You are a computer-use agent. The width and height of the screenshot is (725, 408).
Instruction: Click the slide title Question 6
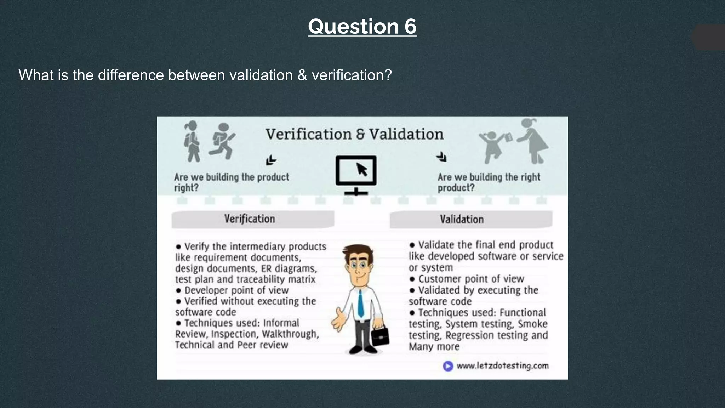(x=362, y=27)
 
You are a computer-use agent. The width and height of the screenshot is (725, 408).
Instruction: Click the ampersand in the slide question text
(x=302, y=75)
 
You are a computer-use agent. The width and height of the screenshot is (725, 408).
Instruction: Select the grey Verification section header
(x=253, y=219)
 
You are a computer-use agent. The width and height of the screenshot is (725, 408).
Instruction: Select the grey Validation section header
(x=471, y=220)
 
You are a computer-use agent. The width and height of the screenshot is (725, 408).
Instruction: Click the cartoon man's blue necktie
(x=361, y=304)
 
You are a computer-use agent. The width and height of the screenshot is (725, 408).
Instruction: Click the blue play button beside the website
(x=448, y=366)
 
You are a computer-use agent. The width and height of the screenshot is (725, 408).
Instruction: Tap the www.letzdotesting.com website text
(x=502, y=366)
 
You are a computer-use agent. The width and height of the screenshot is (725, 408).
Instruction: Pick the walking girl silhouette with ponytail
(x=192, y=141)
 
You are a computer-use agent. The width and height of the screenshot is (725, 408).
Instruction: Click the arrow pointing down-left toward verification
(x=271, y=160)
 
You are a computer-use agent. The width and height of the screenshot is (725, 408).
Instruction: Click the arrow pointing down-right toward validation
(x=441, y=157)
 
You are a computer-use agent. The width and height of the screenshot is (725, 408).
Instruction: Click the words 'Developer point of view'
(x=236, y=290)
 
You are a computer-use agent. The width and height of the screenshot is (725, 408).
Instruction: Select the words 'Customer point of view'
(x=471, y=279)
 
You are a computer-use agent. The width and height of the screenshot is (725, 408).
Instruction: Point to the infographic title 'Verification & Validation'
(x=354, y=134)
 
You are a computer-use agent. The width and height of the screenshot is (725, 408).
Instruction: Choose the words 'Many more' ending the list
(x=434, y=347)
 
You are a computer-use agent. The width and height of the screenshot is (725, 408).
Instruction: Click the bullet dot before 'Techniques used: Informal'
(x=178, y=323)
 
